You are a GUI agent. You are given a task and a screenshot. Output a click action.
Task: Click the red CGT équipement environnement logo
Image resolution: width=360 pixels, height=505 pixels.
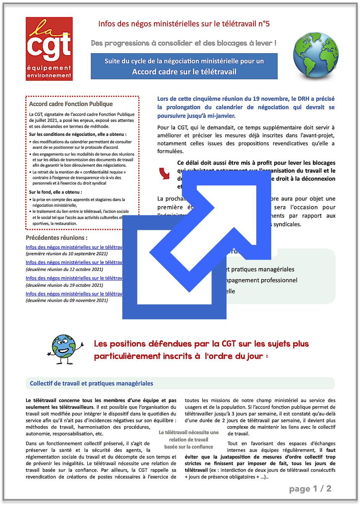[x=49, y=49]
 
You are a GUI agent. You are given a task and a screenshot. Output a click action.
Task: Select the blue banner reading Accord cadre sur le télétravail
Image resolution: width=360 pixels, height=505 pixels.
[x=184, y=66]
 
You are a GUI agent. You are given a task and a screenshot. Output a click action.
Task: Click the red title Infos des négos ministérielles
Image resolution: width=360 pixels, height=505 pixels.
[x=184, y=24]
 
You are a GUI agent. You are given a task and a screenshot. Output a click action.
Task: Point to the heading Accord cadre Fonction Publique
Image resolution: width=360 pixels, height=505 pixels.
[x=71, y=104]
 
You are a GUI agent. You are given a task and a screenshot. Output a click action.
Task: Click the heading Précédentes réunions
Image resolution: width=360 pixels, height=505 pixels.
[x=56, y=237]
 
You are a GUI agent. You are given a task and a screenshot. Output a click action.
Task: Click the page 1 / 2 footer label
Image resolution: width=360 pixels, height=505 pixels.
[x=310, y=489]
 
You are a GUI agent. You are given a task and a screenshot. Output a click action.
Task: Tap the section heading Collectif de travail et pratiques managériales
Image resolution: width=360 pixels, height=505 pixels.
[x=92, y=383]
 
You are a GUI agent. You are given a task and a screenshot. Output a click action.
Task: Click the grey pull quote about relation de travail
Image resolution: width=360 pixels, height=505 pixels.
[x=188, y=440]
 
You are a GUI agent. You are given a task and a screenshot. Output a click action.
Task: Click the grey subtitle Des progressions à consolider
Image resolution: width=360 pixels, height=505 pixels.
[x=183, y=43]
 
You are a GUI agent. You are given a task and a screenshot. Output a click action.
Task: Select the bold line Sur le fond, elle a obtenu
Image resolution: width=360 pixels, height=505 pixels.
[x=56, y=192]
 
